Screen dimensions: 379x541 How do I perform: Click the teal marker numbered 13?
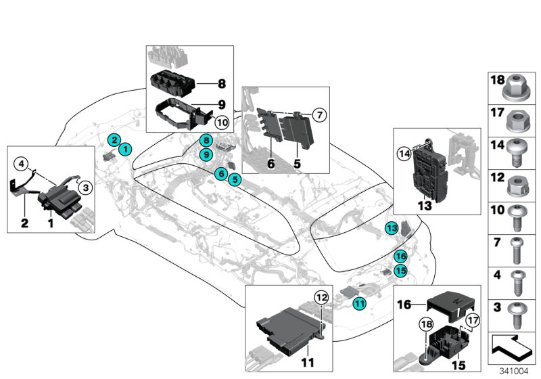[392, 229]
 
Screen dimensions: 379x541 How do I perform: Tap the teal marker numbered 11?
[358, 305]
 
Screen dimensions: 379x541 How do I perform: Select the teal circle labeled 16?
[400, 256]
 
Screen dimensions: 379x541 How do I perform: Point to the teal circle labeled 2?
[116, 140]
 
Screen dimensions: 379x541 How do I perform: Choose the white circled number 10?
[220, 122]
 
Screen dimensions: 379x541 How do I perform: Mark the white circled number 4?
[22, 162]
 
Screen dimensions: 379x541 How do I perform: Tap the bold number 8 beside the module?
[220, 85]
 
